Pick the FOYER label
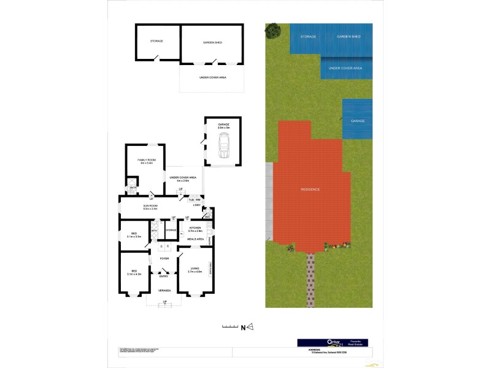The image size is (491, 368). click(x=164, y=259)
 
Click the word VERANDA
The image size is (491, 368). click(x=164, y=290)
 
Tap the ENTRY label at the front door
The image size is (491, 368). click(x=164, y=277)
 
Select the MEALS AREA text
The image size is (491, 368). click(x=196, y=239)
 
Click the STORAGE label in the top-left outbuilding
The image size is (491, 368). click(x=157, y=41)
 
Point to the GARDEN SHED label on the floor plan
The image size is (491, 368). click(x=212, y=42)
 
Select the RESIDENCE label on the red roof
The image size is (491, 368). click(x=310, y=190)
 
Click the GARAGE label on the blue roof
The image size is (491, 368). click(x=358, y=121)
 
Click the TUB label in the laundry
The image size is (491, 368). click(x=191, y=200)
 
